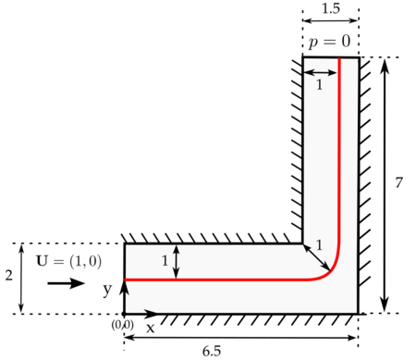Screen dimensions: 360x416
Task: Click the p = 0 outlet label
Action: (330, 43)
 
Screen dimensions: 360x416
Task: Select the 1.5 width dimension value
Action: (330, 8)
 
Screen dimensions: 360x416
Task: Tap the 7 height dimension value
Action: (398, 183)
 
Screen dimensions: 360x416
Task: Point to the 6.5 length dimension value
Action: (239, 351)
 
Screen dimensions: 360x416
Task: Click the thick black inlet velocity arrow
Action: (66, 282)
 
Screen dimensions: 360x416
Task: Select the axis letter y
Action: (107, 290)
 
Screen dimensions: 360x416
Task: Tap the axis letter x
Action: (150, 328)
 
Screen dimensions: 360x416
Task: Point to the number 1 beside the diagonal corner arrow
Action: (320, 245)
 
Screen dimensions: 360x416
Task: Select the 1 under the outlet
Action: (320, 84)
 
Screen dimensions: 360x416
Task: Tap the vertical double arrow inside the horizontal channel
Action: (177, 261)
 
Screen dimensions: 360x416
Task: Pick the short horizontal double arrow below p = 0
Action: (321, 71)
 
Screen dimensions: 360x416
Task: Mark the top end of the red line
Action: (339, 60)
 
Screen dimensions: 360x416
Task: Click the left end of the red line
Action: (127, 279)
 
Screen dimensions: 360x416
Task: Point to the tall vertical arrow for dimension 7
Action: (385, 185)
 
